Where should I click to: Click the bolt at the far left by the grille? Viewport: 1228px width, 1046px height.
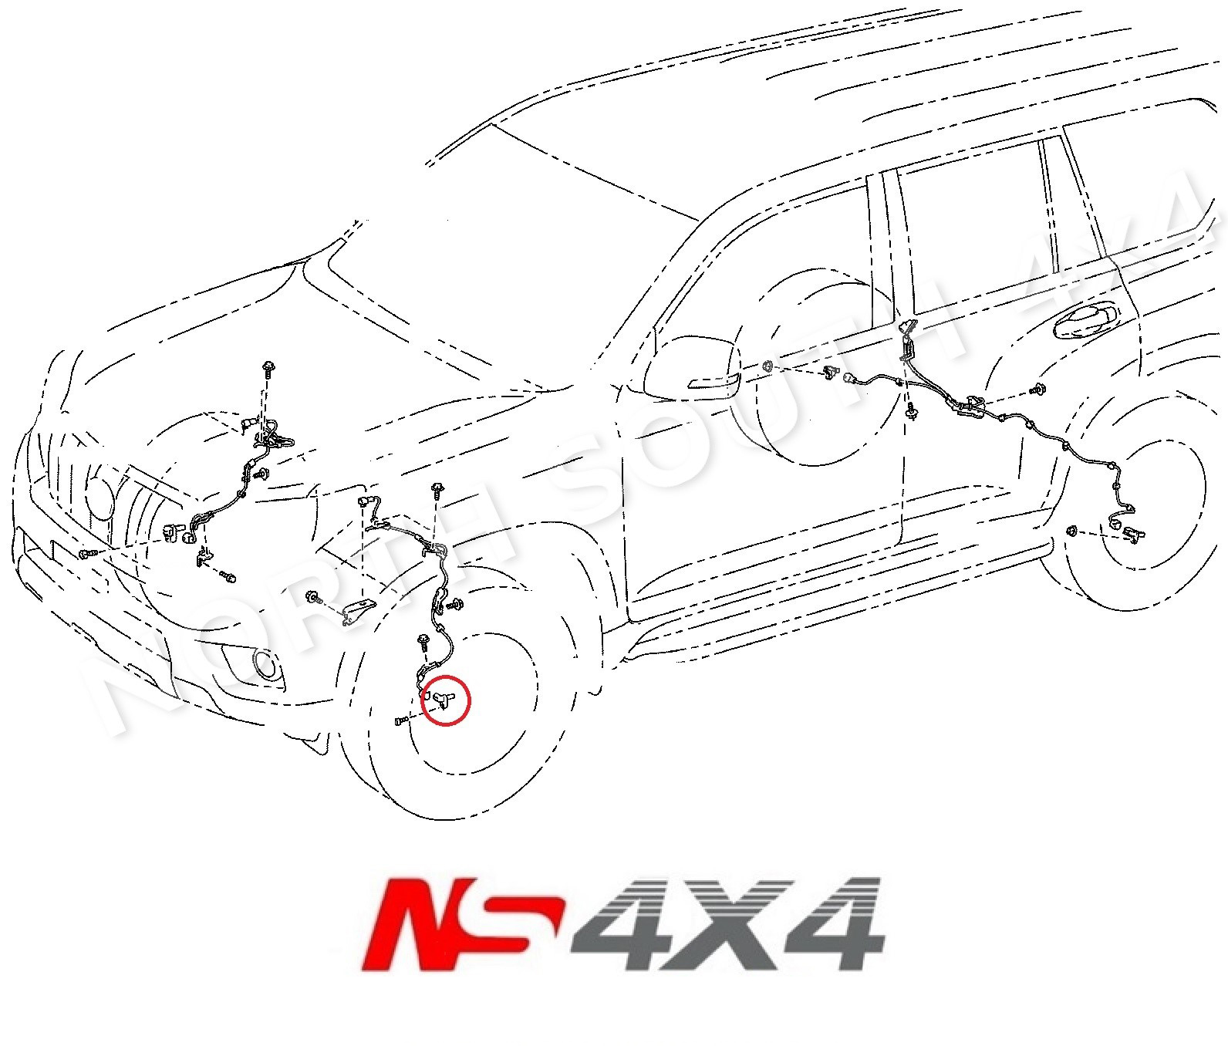click(86, 553)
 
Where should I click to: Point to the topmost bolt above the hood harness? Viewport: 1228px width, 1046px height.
click(268, 366)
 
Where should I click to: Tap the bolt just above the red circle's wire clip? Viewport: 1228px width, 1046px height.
click(423, 639)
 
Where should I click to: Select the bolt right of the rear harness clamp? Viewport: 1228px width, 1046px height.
click(1041, 392)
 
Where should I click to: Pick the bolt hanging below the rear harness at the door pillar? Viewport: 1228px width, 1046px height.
click(911, 413)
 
